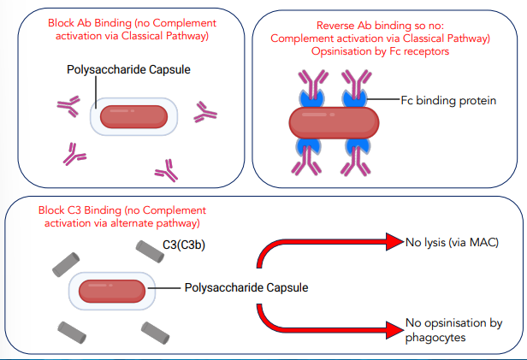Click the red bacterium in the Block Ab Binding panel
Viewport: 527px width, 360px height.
click(134, 115)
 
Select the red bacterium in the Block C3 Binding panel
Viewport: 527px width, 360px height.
click(112, 290)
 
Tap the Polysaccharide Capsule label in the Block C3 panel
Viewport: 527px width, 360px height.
click(246, 287)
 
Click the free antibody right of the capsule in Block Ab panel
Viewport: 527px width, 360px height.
click(205, 111)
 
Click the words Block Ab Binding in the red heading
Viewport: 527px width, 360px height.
click(86, 23)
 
